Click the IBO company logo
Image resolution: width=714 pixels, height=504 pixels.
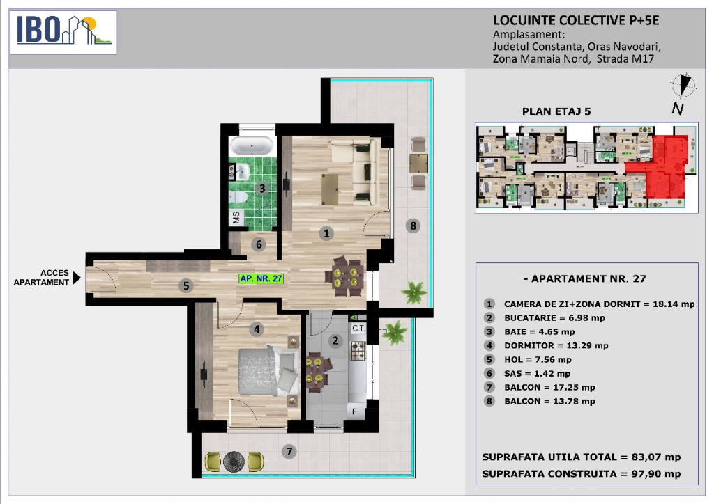click(63, 32)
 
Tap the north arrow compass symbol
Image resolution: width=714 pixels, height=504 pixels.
click(683, 85)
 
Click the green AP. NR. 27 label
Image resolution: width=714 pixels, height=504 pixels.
click(261, 278)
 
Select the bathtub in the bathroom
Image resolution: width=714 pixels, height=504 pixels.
click(252, 146)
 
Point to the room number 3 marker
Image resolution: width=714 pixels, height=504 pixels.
click(262, 188)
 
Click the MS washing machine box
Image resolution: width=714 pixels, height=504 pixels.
click(236, 216)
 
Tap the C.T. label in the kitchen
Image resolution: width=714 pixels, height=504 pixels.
click(358, 328)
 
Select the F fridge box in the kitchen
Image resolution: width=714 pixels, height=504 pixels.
click(355, 411)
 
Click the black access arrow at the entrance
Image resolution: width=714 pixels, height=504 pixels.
click(77, 277)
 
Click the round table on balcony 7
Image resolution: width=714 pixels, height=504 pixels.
click(234, 462)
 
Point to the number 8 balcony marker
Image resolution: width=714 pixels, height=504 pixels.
click(413, 226)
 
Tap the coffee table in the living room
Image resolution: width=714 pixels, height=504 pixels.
click(330, 189)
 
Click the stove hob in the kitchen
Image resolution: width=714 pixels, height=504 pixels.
click(358, 350)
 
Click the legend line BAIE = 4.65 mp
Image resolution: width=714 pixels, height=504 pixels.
click(539, 332)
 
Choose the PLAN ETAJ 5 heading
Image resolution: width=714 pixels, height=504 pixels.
click(556, 111)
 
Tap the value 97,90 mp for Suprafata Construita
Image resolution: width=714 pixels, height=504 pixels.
click(656, 473)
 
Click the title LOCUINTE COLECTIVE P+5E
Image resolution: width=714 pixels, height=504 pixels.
click(576, 20)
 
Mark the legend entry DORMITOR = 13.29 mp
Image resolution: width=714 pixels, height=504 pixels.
click(556, 345)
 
